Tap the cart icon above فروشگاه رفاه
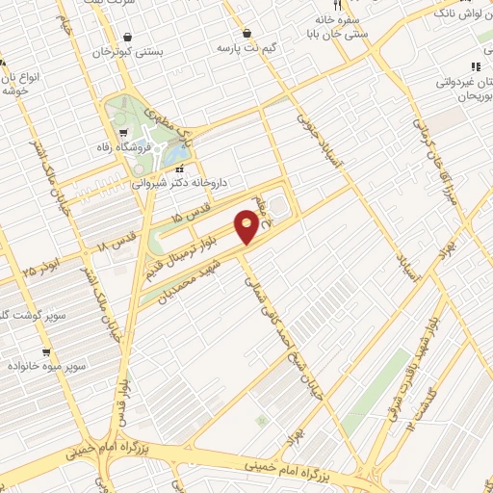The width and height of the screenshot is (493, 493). click(x=122, y=134)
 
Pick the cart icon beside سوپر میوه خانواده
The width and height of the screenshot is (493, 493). click(x=46, y=352)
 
